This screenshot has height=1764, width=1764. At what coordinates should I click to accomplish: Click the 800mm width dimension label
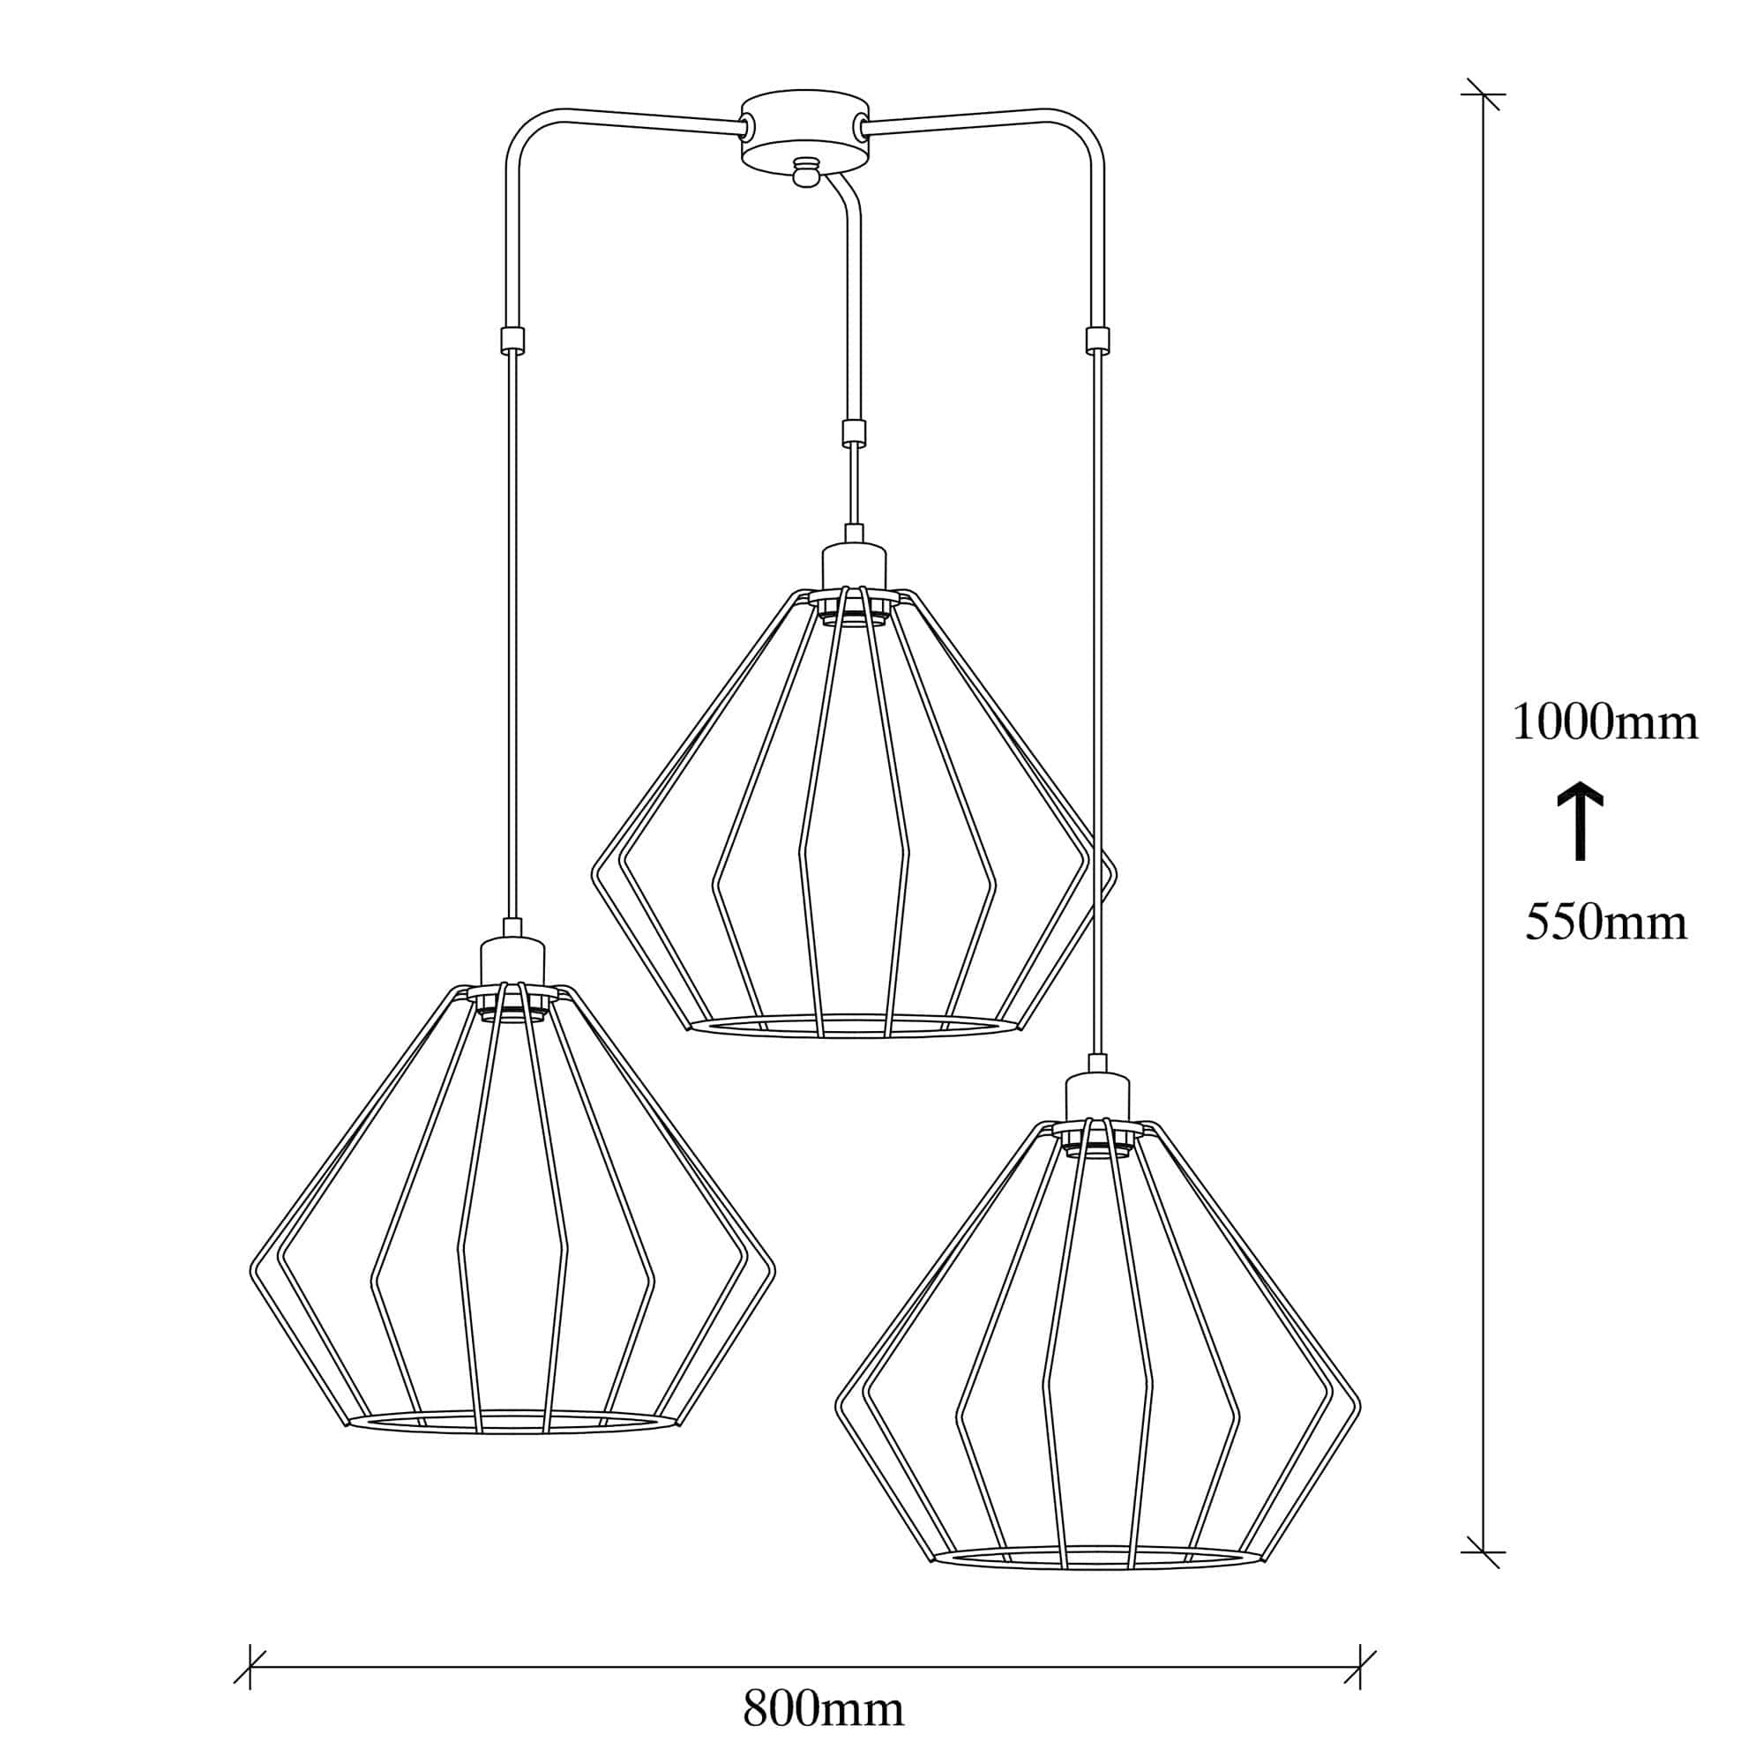(x=823, y=1708)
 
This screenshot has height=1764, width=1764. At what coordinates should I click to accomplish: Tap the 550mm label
(x=1606, y=923)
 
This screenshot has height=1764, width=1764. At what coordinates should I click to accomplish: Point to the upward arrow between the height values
(x=1581, y=825)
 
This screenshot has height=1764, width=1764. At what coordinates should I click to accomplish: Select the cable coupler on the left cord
(x=512, y=340)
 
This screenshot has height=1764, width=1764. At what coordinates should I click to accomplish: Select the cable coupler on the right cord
(x=1097, y=340)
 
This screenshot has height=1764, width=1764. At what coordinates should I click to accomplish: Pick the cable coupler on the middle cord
(x=853, y=431)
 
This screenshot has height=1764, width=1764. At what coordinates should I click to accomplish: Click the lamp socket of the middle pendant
(x=854, y=568)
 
